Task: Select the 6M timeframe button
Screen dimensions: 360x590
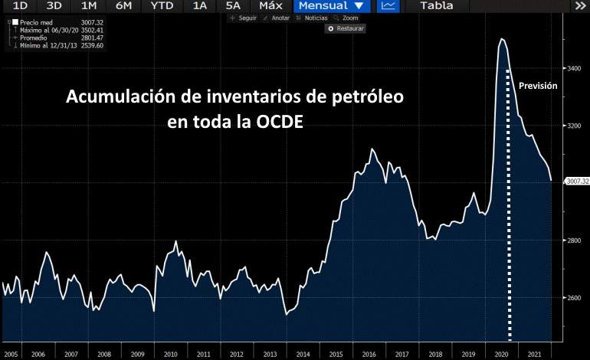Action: pos(123,6)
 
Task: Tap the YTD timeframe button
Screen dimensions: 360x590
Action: pos(162,6)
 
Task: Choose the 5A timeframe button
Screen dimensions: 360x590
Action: pos(234,6)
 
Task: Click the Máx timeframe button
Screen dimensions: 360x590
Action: pos(270,6)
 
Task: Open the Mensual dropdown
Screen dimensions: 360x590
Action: pos(330,6)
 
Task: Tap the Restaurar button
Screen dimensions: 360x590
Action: pos(346,28)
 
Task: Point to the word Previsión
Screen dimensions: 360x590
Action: pos(537,87)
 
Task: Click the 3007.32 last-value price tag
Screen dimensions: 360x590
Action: pos(576,181)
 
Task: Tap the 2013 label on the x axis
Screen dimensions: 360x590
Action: pos(270,355)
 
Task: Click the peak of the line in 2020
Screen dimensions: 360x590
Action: pos(502,39)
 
